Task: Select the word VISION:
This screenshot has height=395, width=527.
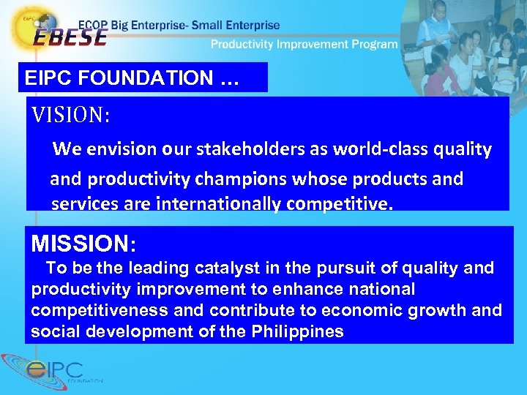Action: tap(70, 115)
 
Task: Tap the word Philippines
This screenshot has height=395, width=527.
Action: tap(298, 331)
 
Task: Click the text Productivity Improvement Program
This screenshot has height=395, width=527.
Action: tap(304, 45)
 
